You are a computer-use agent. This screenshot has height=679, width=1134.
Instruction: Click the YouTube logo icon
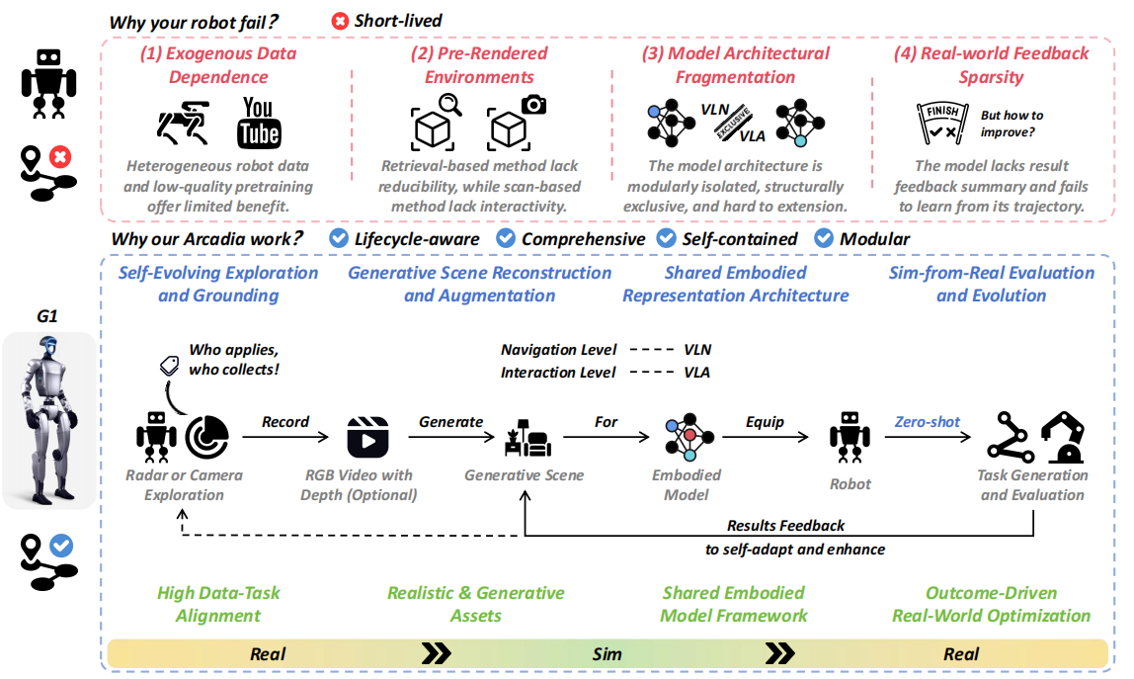pos(259,123)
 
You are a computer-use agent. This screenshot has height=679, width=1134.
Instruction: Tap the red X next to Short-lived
pos(340,21)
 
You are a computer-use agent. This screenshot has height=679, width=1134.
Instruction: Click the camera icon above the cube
pos(534,104)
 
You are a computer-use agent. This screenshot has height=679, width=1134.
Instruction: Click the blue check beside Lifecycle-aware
pos(338,238)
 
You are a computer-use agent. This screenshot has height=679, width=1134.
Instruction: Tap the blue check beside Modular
pos(823,238)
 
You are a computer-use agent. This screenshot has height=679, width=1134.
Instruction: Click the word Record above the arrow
pos(285,421)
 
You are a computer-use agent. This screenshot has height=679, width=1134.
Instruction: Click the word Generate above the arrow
pos(451,421)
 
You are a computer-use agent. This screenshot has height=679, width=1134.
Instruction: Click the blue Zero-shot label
pos(928,421)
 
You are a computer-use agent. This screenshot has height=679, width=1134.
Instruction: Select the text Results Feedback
pos(785,526)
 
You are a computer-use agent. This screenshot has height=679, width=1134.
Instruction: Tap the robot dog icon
pos(185,123)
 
